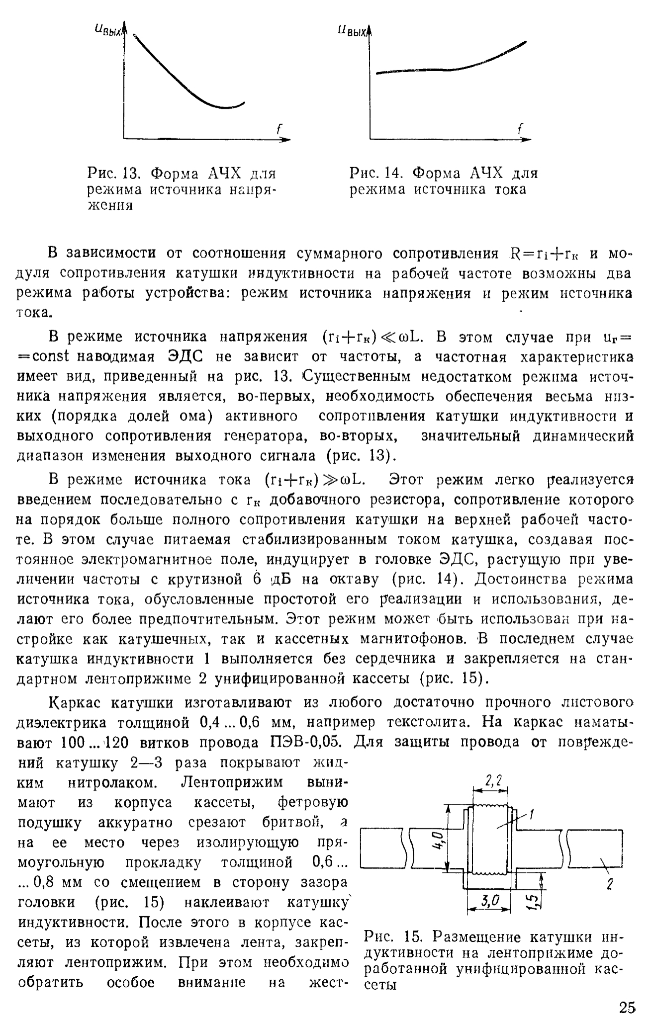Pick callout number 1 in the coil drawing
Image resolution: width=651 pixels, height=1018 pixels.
(532, 814)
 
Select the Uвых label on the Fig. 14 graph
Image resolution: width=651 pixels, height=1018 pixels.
(352, 31)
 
